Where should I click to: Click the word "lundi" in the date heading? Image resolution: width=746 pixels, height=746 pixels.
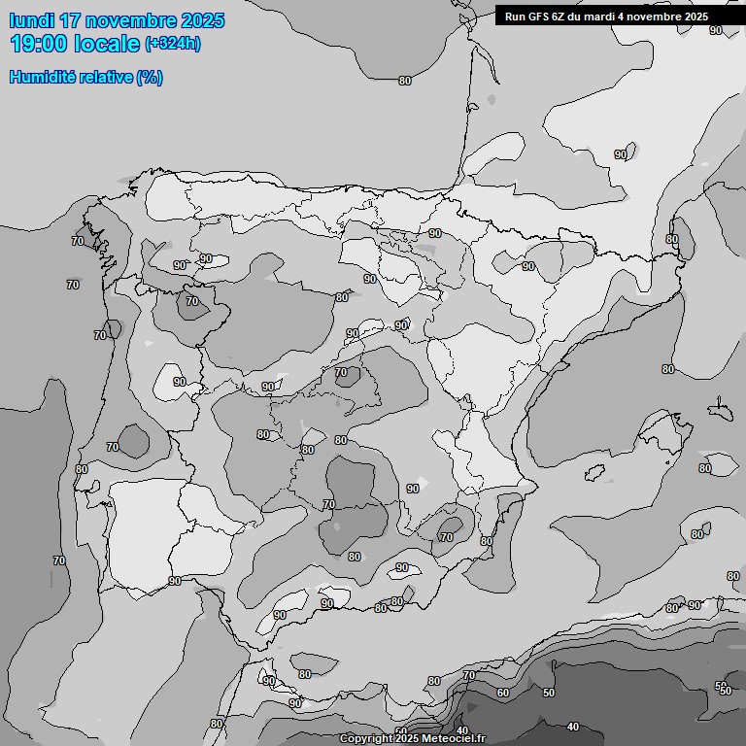click(x=32, y=20)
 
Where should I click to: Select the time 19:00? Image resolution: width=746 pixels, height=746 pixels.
click(x=37, y=43)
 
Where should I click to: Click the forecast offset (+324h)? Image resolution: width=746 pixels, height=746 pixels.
click(x=173, y=43)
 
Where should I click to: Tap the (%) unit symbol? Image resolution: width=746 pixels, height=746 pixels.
click(x=151, y=78)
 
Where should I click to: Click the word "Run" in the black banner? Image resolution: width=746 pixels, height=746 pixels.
click(x=515, y=17)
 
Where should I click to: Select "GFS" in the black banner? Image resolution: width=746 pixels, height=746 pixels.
click(x=540, y=17)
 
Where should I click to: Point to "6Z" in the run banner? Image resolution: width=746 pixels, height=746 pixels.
click(x=563, y=17)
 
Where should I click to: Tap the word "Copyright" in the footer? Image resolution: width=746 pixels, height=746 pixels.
click(x=366, y=739)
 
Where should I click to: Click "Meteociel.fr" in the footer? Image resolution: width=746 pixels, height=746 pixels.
click(x=454, y=739)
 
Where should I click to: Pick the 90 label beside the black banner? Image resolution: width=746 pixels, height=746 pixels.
click(x=716, y=30)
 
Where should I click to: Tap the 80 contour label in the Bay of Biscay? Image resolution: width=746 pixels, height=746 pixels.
click(x=405, y=81)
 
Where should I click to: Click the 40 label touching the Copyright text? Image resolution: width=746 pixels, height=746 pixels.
click(x=462, y=730)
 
